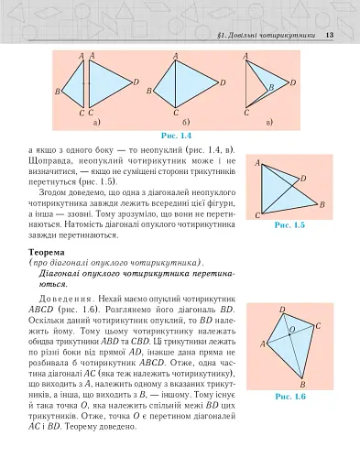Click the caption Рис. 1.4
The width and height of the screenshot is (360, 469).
(x=176, y=136)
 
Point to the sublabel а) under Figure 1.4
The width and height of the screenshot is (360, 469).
(x=96, y=120)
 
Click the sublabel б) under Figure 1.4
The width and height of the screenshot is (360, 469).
(x=186, y=120)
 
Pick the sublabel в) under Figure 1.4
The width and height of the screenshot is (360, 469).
(x=267, y=120)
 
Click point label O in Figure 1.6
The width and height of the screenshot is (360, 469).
(x=291, y=327)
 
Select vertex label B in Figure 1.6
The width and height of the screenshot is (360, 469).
(x=303, y=385)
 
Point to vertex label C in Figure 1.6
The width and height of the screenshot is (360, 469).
(x=317, y=325)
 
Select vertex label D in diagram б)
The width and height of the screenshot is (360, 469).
(x=223, y=82)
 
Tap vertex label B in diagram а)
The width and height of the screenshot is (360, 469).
(x=57, y=92)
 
